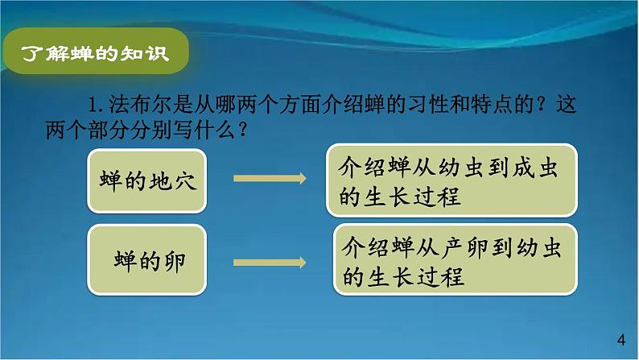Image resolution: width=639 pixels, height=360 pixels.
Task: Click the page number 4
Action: tap(619, 338)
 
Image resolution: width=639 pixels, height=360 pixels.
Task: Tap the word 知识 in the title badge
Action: tap(150, 55)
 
